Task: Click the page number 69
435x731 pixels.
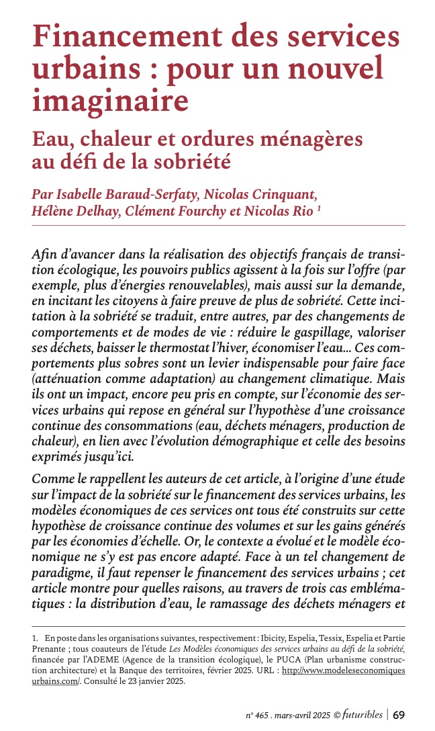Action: click(398, 714)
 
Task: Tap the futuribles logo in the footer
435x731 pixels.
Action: click(361, 714)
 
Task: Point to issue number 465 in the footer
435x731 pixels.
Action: click(259, 715)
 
